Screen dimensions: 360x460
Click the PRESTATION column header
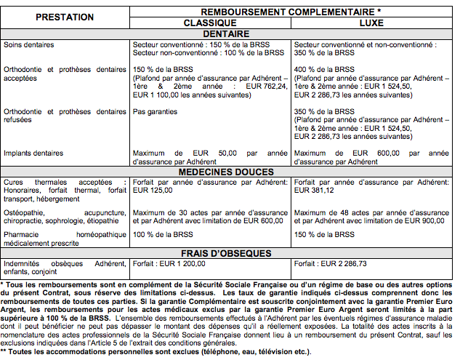point(65,16)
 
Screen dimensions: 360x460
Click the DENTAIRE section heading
point(289,33)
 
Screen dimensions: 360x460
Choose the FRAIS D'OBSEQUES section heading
point(289,254)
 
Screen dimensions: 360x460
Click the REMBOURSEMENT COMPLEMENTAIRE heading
point(289,12)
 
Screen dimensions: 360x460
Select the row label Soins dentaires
point(28,45)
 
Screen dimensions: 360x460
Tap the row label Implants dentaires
point(33,153)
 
